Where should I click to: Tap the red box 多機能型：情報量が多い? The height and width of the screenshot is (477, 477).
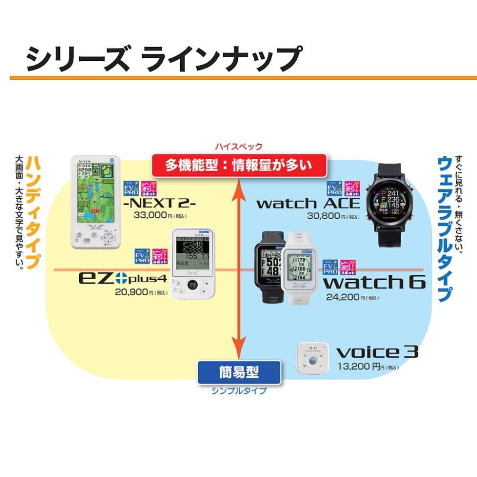pos(239,165)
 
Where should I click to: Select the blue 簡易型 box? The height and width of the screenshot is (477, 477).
pos(238,372)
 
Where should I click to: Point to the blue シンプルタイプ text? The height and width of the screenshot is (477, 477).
pos(238,391)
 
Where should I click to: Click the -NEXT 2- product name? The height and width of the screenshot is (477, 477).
pos(158,203)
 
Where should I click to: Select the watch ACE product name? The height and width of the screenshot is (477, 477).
pos(308,203)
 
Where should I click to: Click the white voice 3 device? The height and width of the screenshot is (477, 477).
pos(311,359)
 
